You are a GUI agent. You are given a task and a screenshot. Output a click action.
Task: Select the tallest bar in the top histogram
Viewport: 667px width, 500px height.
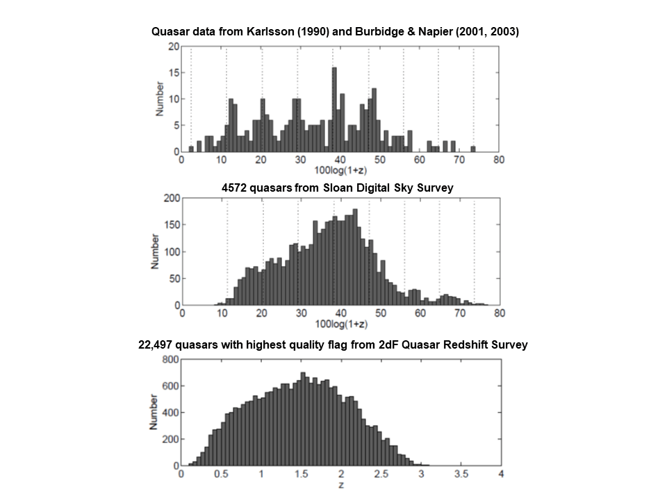click(334, 109)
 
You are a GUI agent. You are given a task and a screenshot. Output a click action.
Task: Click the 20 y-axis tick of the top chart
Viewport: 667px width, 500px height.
click(174, 47)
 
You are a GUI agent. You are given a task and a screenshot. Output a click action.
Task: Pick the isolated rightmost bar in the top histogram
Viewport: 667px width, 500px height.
click(472, 149)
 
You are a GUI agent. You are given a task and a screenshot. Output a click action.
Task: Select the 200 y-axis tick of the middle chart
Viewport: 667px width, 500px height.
click(171, 199)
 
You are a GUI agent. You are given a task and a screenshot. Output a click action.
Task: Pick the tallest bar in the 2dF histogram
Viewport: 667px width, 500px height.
click(302, 419)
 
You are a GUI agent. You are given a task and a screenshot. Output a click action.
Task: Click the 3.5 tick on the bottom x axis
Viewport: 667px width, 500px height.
click(460, 474)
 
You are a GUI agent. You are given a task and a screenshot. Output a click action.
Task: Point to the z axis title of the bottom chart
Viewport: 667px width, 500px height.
click(340, 484)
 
